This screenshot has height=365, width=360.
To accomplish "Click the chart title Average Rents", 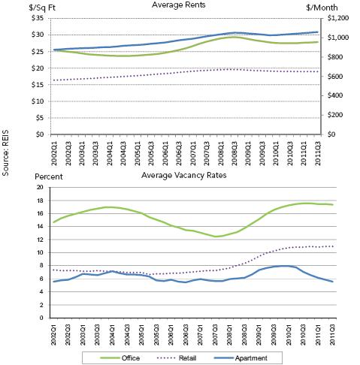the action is tap(178, 5).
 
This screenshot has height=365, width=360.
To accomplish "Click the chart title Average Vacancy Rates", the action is tap(183, 175).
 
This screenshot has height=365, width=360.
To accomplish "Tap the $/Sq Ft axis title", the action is tap(42, 8).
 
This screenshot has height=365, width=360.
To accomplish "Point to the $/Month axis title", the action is tap(322, 8).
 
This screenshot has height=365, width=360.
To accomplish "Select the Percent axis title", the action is tap(49, 176).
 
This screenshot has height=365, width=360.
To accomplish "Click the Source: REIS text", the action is tap(5, 152).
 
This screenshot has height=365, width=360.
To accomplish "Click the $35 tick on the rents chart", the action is tap(38, 18).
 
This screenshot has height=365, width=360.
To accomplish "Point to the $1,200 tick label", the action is tap(338, 18).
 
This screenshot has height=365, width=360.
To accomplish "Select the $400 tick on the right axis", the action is tap(335, 95).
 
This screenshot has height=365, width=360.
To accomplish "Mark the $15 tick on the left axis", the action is tap(38, 85).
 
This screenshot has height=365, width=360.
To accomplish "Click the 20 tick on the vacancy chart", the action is tap(40, 187).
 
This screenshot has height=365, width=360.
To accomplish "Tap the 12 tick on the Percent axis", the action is tap(40, 240).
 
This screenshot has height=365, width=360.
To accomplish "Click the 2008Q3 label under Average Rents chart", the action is tap(234, 153).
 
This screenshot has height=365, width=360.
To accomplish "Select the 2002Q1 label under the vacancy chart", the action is tap(54, 334).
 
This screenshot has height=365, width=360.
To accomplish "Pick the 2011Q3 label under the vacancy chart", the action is tap(332, 334).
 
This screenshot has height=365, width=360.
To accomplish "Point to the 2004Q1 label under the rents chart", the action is tap(110, 153).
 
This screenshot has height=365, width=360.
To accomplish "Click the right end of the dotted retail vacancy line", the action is tap(333, 246).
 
